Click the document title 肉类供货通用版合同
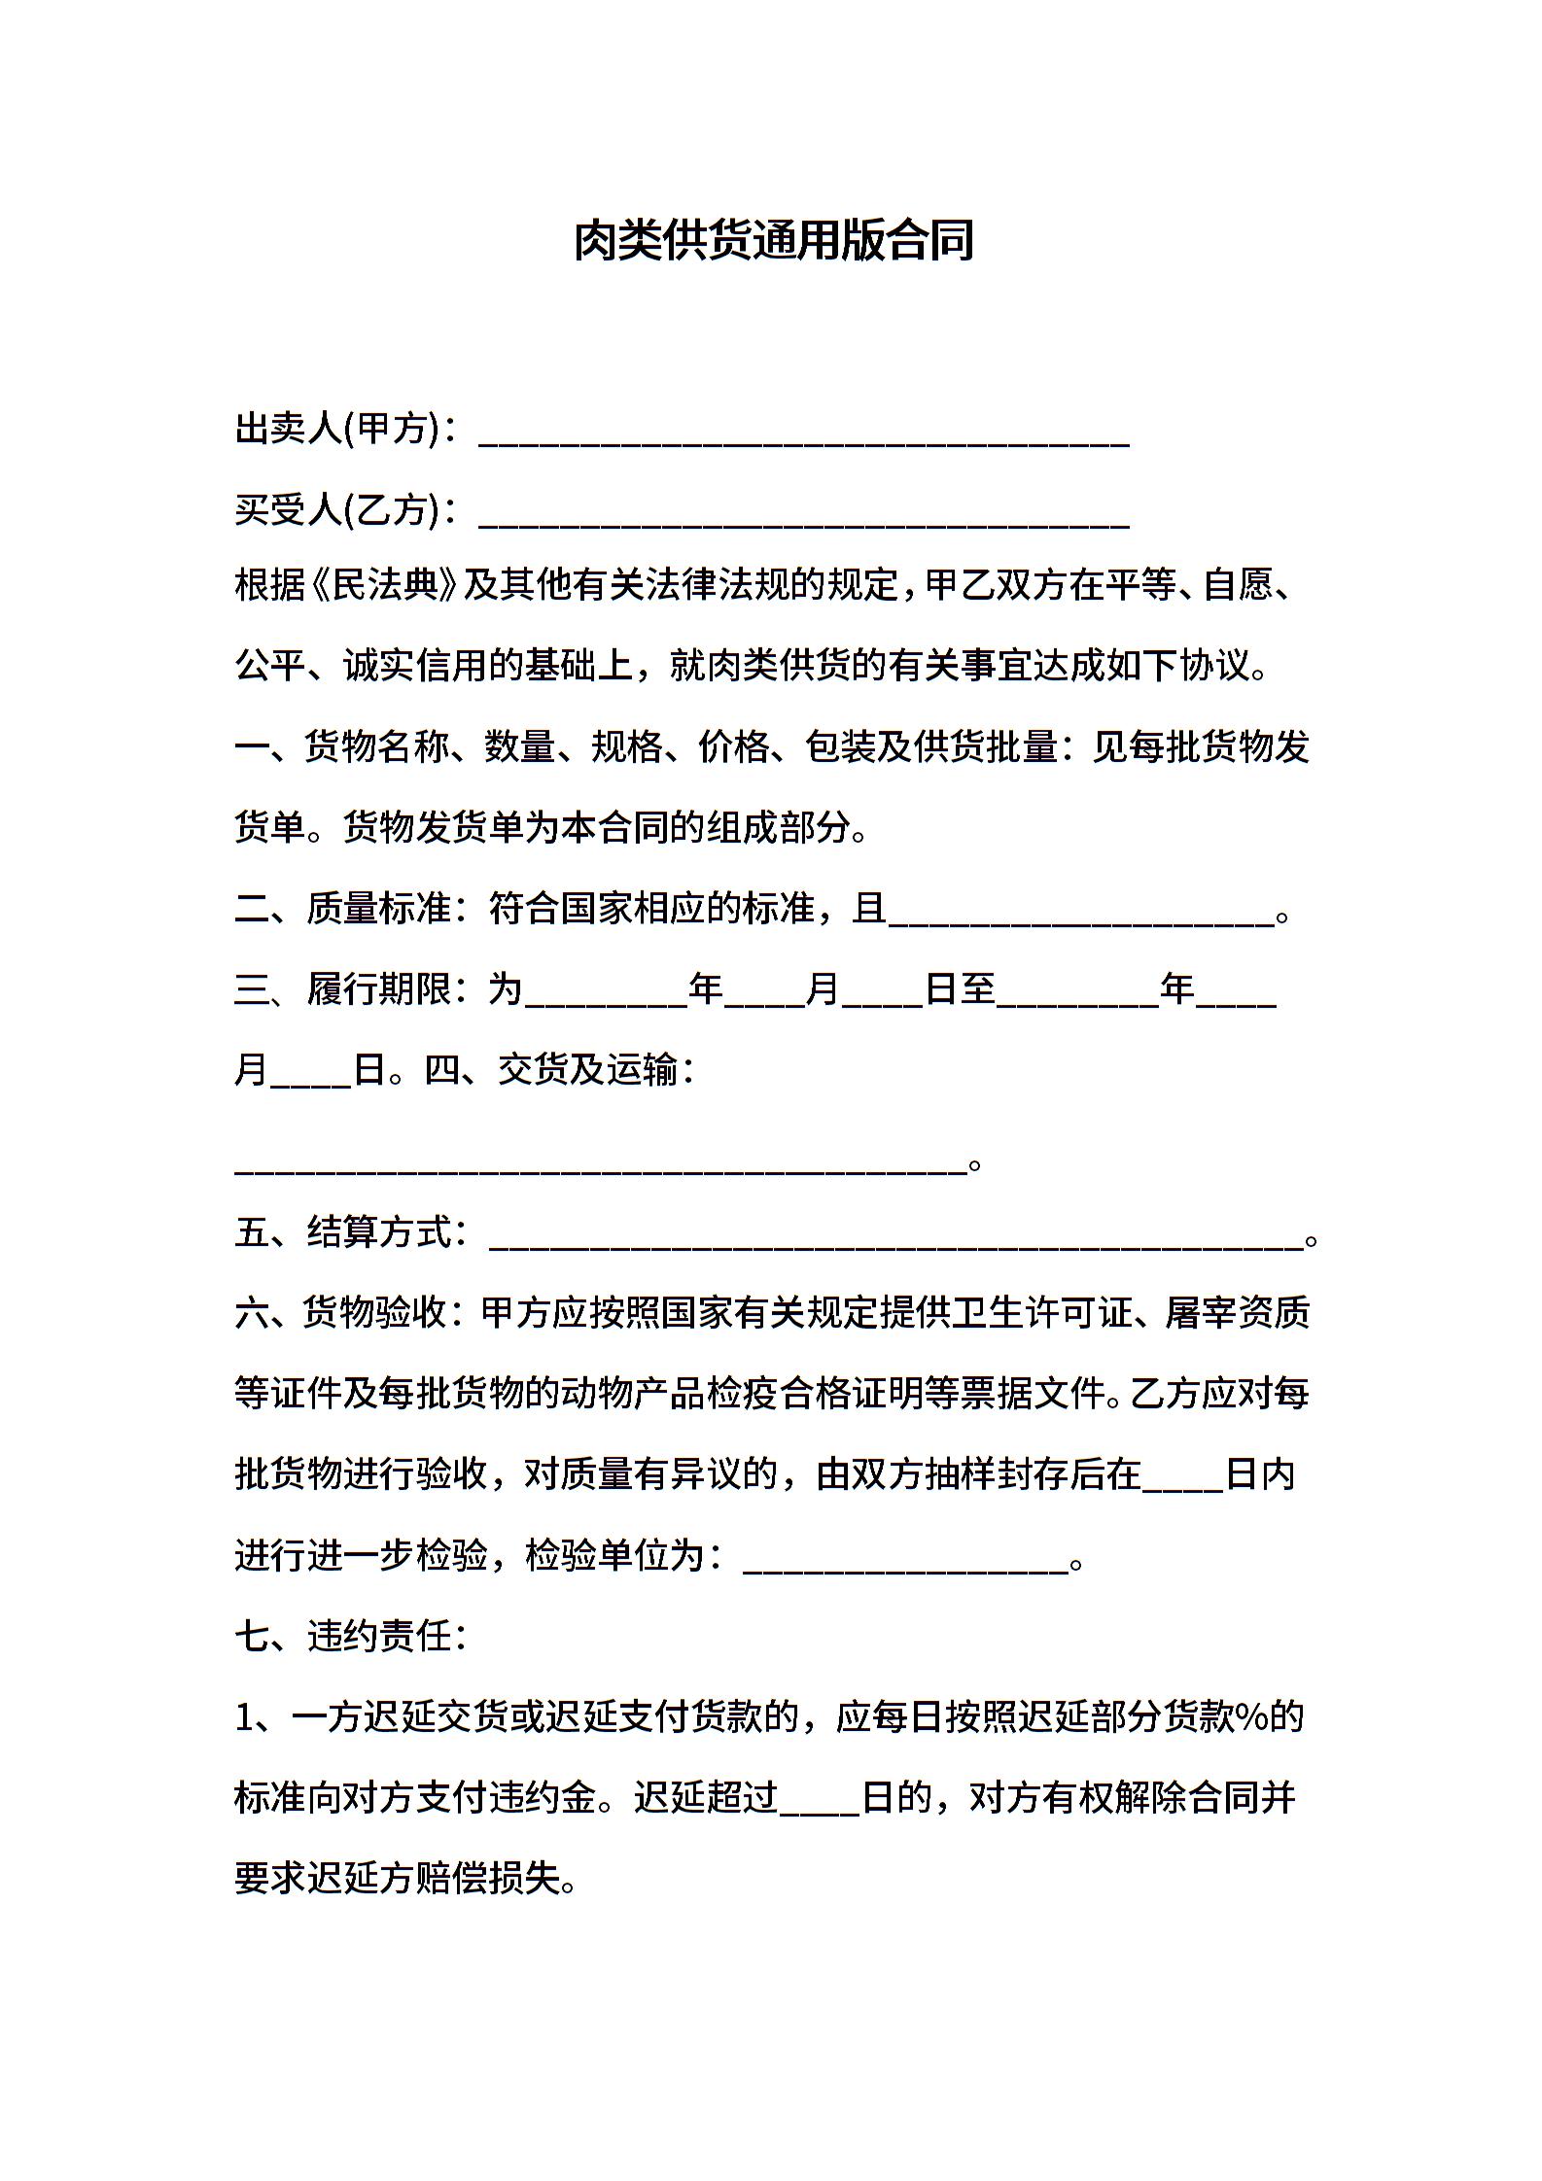pyautogui.click(x=773, y=242)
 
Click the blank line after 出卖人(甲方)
pyautogui.click(x=803, y=433)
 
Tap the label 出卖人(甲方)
pyautogui.click(x=335, y=428)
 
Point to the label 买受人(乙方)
pyautogui.click(x=335, y=509)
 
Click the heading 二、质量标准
pyautogui.click(x=344, y=909)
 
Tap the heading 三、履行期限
pyautogui.click(x=344, y=989)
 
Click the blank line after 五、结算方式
pyautogui.click(x=895, y=1238)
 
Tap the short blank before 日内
pyautogui.click(x=1182, y=1479)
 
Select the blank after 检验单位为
pyautogui.click(x=905, y=1561)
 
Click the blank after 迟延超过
pyautogui.click(x=819, y=1804)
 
